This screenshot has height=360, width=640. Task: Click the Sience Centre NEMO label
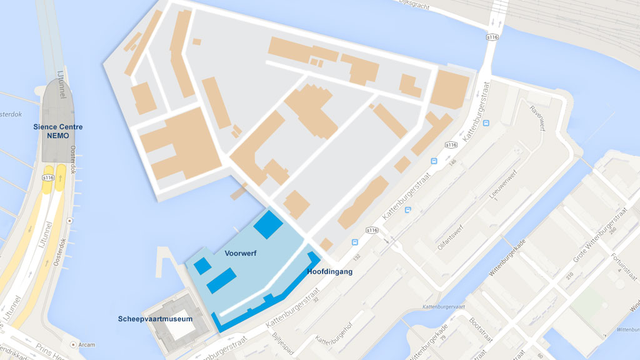coord(58,131)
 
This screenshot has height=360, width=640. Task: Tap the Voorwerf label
coord(241,254)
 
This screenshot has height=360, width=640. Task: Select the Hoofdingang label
coord(330,272)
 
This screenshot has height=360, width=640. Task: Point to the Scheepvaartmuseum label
coord(155,319)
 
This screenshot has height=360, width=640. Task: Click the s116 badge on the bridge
coord(492,37)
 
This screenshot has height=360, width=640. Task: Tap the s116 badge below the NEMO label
coord(48,177)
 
